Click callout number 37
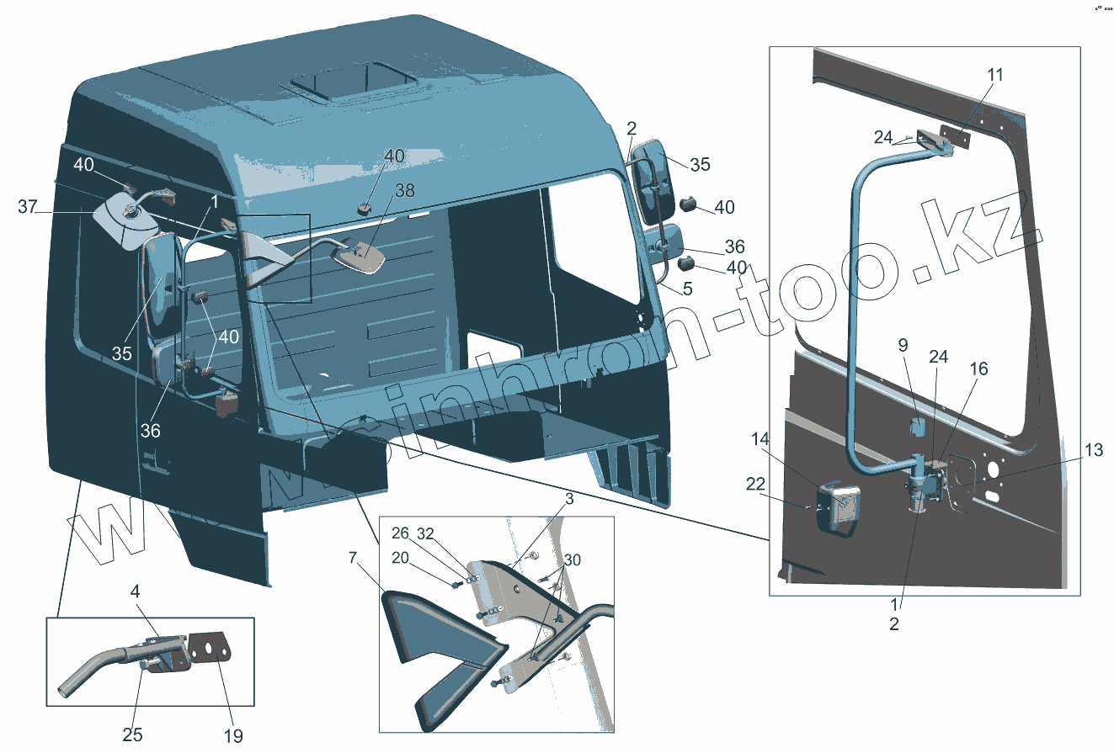(x=28, y=207)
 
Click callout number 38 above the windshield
(x=405, y=191)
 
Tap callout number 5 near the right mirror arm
(x=688, y=289)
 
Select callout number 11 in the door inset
(x=995, y=75)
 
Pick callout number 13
(x=1093, y=451)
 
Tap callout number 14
(x=760, y=439)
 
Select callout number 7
(x=353, y=557)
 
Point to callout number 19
(x=232, y=735)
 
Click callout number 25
(x=133, y=734)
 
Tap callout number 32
(x=427, y=533)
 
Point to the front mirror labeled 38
(x=362, y=257)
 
